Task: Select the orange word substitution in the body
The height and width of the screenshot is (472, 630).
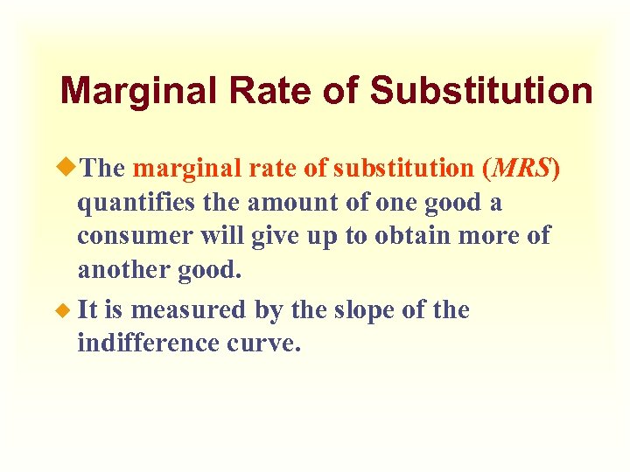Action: (402, 167)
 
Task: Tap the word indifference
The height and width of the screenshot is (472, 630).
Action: (149, 343)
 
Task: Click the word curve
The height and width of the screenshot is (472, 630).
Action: (264, 344)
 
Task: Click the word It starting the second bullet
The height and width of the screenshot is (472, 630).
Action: (88, 310)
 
